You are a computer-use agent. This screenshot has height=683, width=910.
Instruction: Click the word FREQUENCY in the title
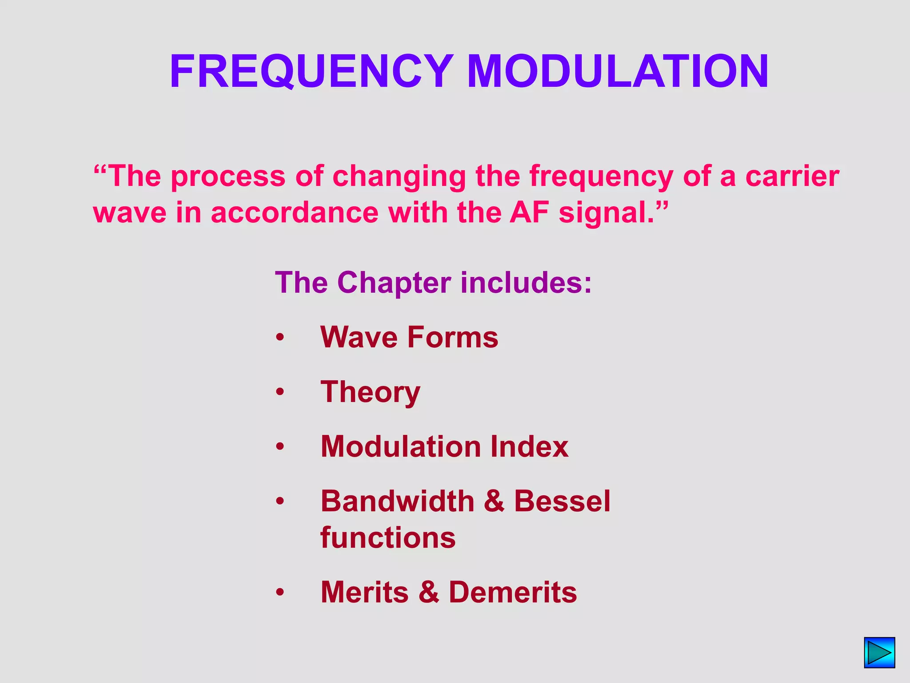311,71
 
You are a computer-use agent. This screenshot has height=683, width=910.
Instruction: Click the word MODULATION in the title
618,71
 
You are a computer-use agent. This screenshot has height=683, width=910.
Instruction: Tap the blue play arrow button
879,652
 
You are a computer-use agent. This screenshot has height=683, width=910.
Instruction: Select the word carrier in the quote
792,176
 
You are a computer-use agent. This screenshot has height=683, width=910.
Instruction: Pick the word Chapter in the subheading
394,282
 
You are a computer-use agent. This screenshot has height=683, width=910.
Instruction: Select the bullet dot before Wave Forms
279,337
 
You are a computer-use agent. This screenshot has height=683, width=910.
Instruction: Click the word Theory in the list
370,392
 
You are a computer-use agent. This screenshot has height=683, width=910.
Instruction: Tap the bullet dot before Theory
279,392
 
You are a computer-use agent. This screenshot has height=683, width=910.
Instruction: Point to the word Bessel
562,501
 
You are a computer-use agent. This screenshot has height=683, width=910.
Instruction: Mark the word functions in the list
388,538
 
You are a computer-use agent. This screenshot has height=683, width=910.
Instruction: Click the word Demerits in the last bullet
513,592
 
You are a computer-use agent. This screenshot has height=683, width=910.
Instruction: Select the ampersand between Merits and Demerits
429,592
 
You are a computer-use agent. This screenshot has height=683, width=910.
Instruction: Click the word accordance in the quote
295,213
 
